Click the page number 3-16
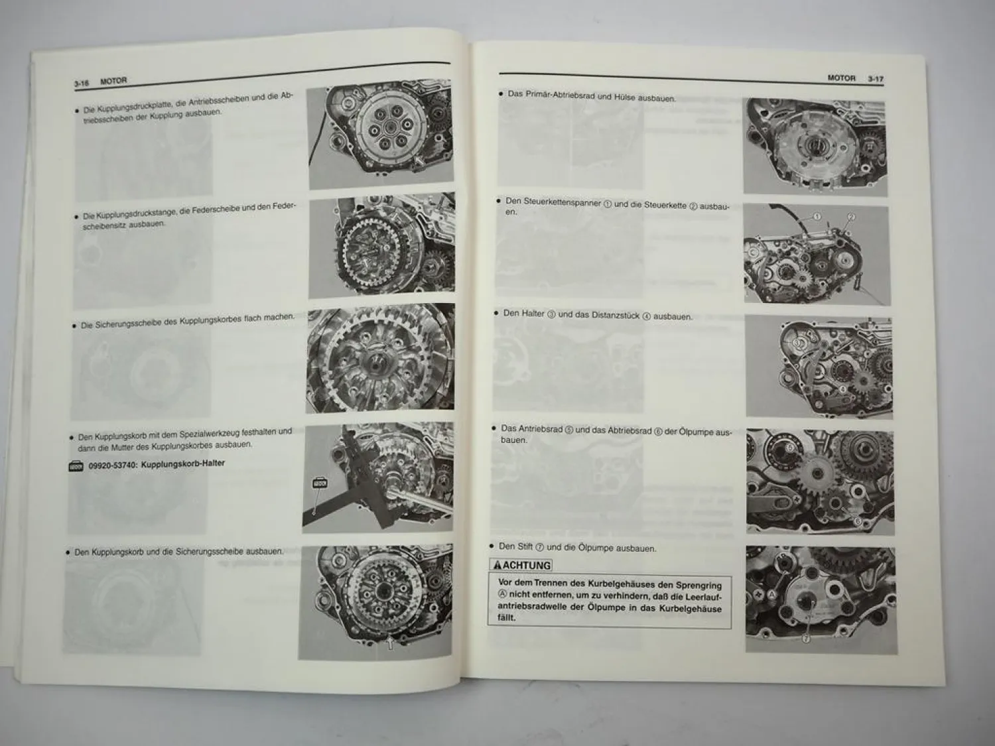pos(82,83)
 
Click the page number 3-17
pos(875,79)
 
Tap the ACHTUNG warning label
pos(521,565)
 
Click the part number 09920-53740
pos(112,466)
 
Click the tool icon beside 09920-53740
pos(76,467)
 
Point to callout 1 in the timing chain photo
pos(817,216)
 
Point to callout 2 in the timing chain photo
pos(852,217)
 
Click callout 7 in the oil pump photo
pos(805,640)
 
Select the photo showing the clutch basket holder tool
pos(379,477)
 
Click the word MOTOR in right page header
pos(841,78)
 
